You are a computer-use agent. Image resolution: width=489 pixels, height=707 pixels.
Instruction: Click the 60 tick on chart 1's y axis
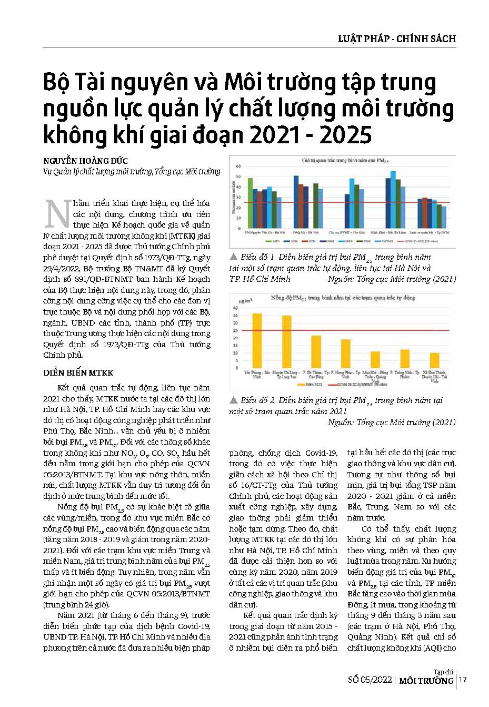pos(238,166)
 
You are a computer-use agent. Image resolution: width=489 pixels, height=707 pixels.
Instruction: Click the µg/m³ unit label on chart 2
pos(245,301)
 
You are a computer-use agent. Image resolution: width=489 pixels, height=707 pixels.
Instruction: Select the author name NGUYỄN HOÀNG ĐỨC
pos(85,161)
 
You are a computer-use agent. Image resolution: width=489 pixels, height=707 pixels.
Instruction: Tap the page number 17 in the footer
pos(463,680)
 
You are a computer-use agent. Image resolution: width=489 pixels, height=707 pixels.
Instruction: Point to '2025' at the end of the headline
pos(344,135)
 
